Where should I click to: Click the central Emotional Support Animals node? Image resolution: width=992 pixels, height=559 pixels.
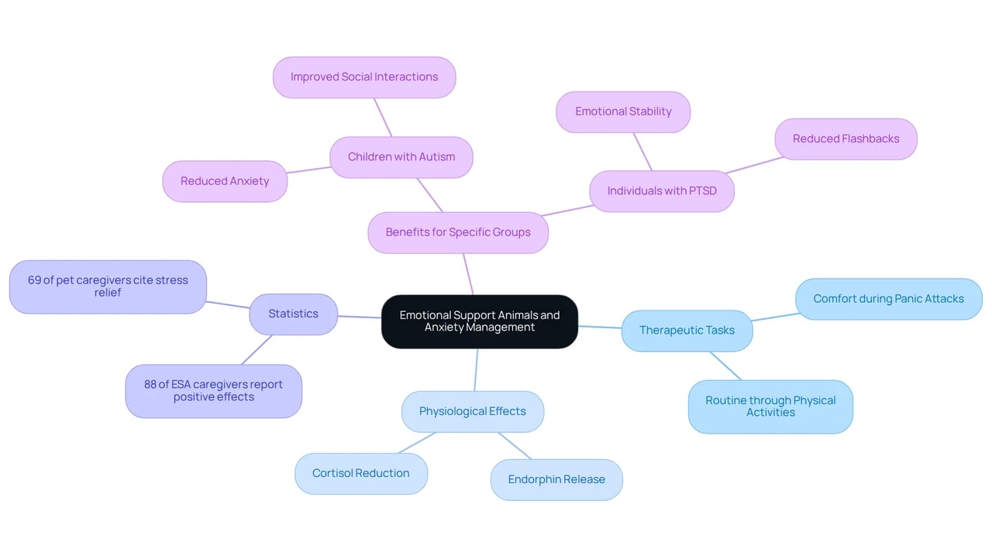(x=480, y=321)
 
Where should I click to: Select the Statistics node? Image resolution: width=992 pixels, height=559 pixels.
(x=293, y=314)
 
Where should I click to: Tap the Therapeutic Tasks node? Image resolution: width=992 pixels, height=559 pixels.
(x=687, y=331)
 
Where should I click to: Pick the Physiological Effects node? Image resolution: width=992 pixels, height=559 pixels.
(x=473, y=411)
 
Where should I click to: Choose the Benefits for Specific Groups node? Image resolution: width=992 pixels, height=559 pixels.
(x=458, y=232)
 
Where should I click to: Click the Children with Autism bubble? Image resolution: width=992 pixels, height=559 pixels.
(x=401, y=157)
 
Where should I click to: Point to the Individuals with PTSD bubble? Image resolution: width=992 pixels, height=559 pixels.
(x=662, y=191)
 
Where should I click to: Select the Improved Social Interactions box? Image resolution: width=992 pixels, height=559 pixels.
(x=364, y=77)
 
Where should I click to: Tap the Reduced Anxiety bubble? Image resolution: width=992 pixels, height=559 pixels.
(x=225, y=181)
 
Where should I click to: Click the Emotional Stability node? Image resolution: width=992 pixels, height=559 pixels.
(x=623, y=112)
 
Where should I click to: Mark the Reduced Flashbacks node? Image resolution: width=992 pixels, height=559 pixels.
(x=846, y=139)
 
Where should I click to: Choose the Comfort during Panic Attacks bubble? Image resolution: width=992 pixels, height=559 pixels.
(x=888, y=299)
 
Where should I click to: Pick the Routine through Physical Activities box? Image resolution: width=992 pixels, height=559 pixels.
(x=770, y=406)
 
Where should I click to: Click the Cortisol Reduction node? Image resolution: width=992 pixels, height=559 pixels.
(x=361, y=473)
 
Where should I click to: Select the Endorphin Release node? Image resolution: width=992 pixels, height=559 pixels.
(x=556, y=479)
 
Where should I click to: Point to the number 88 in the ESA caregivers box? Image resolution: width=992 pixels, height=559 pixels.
(x=150, y=384)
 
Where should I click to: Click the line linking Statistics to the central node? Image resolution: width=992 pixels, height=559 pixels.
(x=360, y=317)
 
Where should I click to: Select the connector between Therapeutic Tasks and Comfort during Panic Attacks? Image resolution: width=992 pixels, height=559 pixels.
(x=776, y=317)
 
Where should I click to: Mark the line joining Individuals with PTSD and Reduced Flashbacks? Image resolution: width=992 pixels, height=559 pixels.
(x=754, y=165)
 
